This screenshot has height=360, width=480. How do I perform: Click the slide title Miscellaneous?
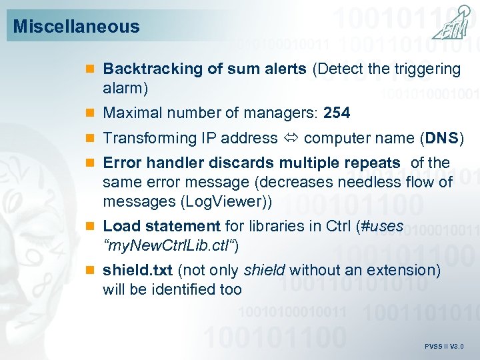coord(76,27)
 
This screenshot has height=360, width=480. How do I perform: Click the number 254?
coord(337,113)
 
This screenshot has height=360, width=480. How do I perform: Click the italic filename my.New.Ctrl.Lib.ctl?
coord(169,245)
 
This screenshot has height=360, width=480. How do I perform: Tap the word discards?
coord(237,163)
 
